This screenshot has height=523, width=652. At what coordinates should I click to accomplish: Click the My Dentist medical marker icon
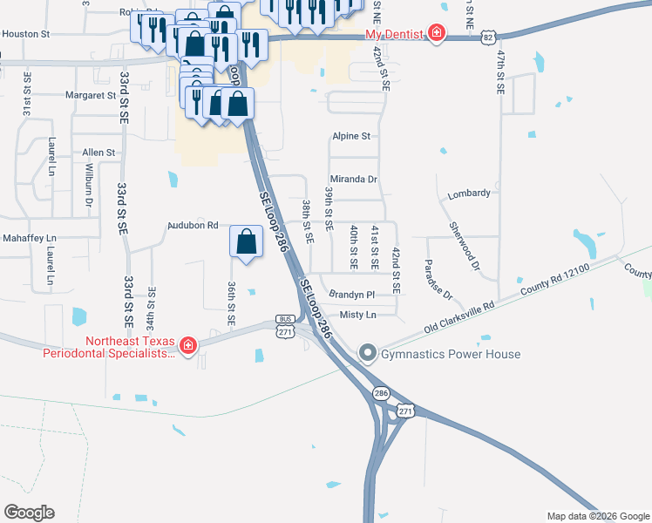click(435, 34)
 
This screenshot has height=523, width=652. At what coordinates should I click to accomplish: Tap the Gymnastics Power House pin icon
click(367, 354)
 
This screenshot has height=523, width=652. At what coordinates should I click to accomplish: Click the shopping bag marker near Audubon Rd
click(248, 241)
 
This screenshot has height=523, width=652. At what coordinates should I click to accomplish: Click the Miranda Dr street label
click(353, 179)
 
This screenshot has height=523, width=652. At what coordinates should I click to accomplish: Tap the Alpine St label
click(351, 137)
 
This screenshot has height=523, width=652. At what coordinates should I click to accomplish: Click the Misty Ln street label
click(358, 315)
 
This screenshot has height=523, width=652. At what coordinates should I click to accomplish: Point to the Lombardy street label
click(468, 194)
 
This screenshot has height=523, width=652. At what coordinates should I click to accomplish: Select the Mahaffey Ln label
click(28, 238)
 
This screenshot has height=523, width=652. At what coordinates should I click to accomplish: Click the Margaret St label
click(90, 95)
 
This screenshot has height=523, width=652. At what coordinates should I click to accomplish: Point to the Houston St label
click(26, 34)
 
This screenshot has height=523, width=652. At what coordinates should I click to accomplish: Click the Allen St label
click(98, 153)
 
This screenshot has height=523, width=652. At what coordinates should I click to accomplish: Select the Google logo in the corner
click(29, 512)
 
